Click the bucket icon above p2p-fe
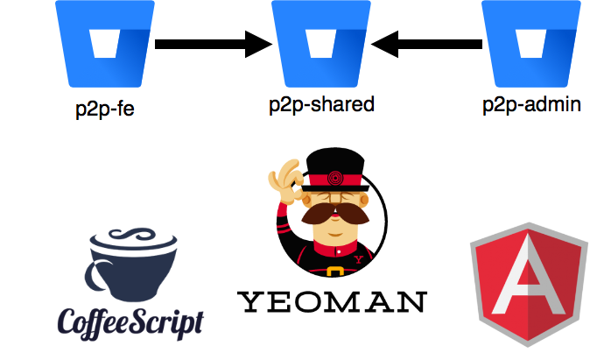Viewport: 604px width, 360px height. coord(103,42)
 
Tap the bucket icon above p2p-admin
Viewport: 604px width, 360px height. coord(531,42)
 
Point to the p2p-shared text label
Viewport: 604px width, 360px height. coord(321,105)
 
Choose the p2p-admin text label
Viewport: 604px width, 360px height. coord(532,107)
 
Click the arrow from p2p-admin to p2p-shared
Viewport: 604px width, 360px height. coord(431,42)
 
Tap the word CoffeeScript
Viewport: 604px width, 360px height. coord(130,321)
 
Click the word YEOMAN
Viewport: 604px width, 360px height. coord(332,302)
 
